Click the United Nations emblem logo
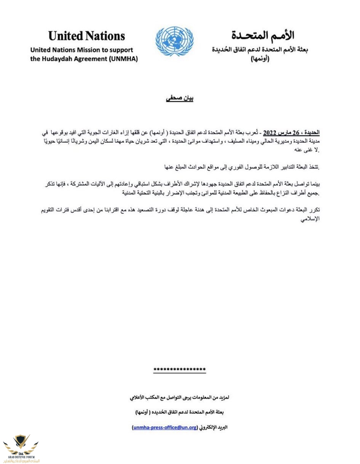pyautogui.click(x=174, y=41)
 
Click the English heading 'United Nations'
pyautogui.click(x=86, y=36)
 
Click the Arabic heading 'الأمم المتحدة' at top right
pyautogui.click(x=262, y=35)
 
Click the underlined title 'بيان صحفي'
pyautogui.click(x=180, y=98)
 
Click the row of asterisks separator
pyautogui.click(x=179, y=369)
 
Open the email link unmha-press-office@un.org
pyautogui.click(x=165, y=427)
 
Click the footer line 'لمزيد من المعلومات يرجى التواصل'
pyautogui.click(x=179, y=397)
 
